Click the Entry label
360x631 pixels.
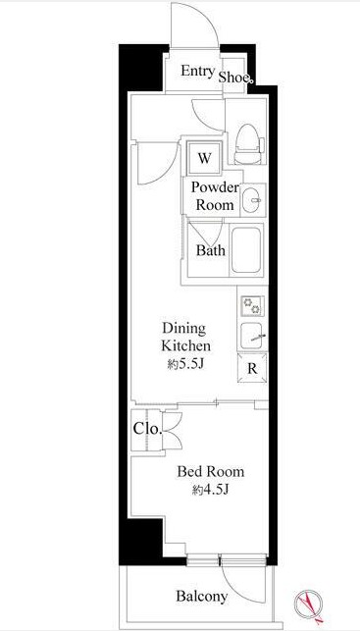point(197,72)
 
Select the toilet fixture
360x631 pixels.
point(248,143)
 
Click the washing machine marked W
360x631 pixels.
point(204,158)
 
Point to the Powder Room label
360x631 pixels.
point(215,196)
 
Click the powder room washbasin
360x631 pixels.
point(253,199)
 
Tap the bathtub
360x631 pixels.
point(246,250)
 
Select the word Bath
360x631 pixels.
point(210,250)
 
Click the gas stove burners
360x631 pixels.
point(252,305)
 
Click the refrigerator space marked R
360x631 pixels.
point(252,368)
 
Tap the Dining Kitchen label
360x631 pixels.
point(185,337)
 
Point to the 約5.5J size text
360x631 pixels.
point(186,365)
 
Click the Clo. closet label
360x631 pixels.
point(147,429)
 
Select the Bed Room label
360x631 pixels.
point(210,471)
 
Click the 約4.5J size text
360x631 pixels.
point(210,490)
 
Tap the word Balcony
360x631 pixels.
point(201,596)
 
